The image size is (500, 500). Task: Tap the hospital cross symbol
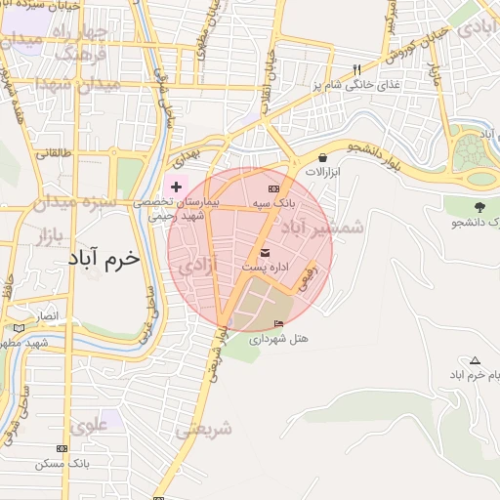coord(176,186)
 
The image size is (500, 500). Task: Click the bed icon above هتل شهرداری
coord(278,324)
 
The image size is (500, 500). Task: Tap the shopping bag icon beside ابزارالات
coord(323,156)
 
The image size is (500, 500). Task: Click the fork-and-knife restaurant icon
coord(355,70)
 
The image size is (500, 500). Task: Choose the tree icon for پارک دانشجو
coord(479,207)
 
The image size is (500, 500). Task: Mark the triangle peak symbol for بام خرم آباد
coord(475,360)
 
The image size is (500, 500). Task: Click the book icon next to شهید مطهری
coord(19,328)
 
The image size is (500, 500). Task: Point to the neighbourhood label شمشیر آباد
coord(322,228)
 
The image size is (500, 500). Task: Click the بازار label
coord(55,237)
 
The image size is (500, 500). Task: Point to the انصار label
coord(48,317)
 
